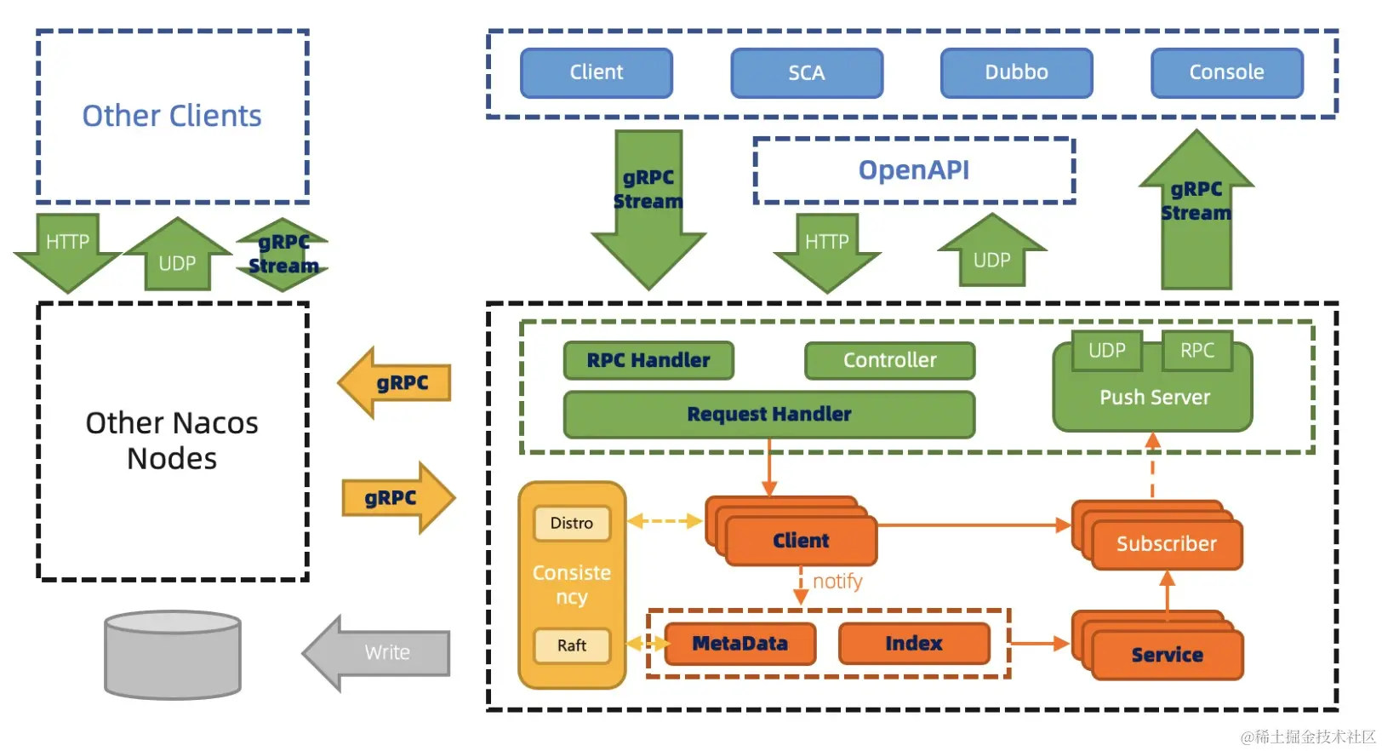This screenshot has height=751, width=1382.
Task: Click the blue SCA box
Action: click(806, 73)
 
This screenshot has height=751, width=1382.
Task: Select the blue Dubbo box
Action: click(1016, 73)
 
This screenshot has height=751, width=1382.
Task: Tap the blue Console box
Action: click(1226, 73)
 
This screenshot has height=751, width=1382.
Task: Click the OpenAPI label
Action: click(913, 170)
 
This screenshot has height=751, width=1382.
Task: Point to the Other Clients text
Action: click(172, 116)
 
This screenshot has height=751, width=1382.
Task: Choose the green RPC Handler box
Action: click(648, 360)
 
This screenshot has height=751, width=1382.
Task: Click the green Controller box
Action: click(889, 360)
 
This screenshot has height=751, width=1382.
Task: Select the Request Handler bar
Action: click(768, 414)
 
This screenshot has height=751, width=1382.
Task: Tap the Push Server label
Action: click(1154, 398)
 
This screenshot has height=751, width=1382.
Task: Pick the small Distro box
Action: click(571, 523)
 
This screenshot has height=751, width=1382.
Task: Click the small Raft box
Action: click(571, 645)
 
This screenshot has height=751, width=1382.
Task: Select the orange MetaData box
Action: click(740, 644)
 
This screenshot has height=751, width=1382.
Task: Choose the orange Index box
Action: click(913, 644)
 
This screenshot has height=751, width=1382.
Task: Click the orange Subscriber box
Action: click(1166, 544)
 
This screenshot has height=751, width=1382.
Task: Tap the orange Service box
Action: click(1167, 655)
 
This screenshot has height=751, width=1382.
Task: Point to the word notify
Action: click(837, 582)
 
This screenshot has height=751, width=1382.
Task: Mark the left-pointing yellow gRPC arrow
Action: click(395, 383)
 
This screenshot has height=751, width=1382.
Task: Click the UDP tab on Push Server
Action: click(1106, 350)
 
